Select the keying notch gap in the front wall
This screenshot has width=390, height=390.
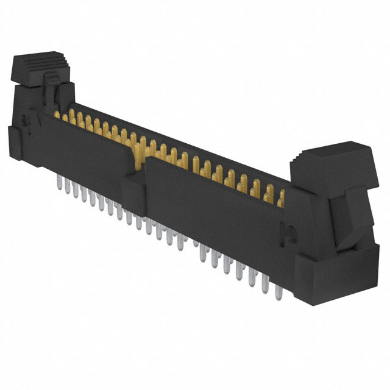[x=138, y=160]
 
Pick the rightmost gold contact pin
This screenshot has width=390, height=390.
[x=281, y=199]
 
